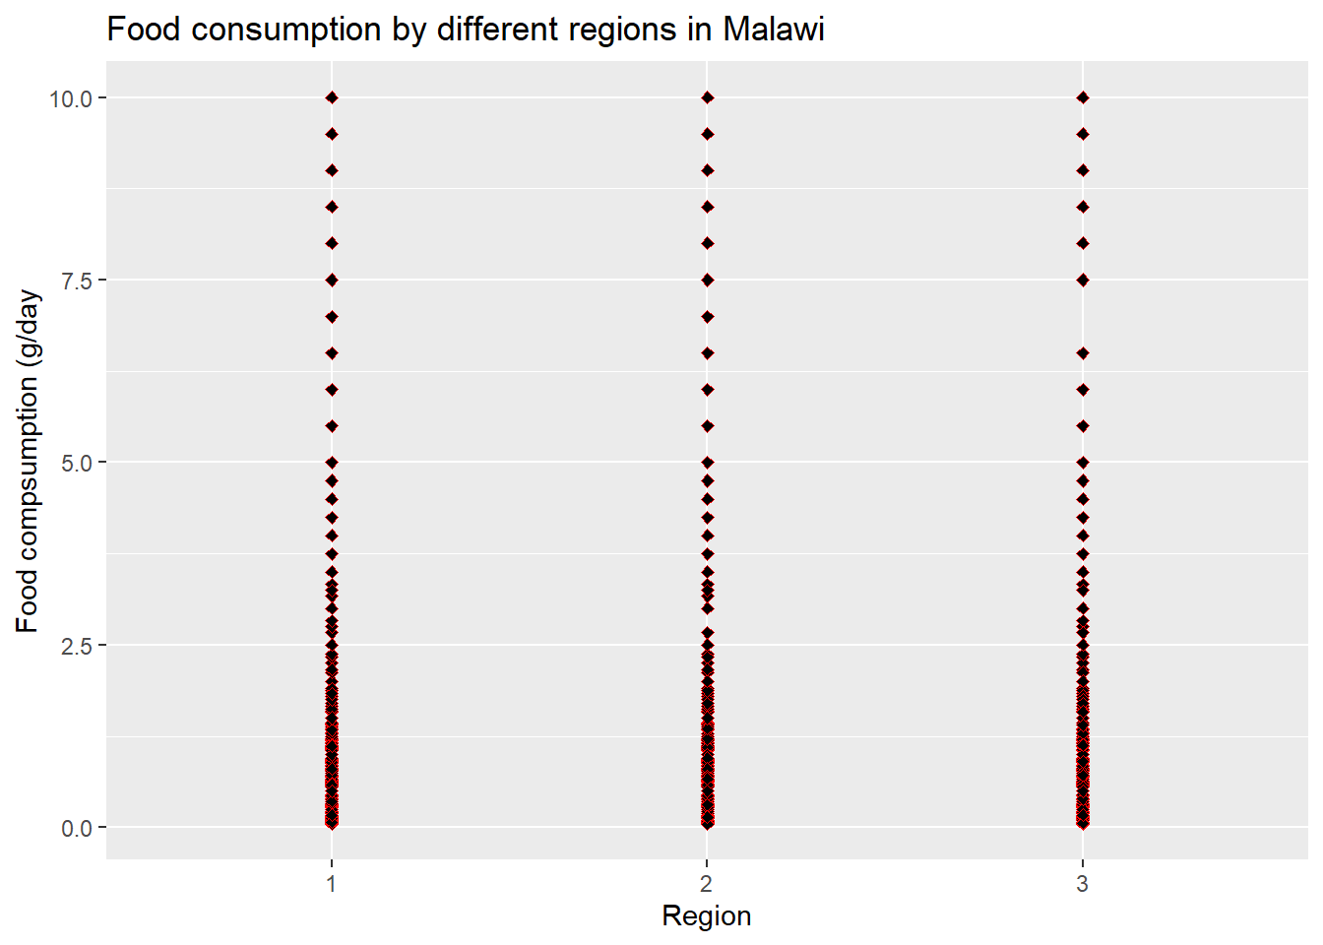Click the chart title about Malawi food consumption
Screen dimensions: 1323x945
point(466,30)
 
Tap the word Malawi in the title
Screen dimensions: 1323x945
point(774,29)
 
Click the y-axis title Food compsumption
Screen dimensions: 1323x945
point(29,462)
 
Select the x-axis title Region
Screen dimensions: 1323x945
point(707,916)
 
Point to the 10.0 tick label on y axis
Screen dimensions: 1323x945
point(71,98)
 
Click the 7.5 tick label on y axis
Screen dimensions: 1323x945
point(77,282)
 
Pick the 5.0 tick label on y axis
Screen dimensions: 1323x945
point(77,464)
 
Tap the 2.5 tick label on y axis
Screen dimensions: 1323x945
point(77,646)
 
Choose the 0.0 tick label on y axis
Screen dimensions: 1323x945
point(77,829)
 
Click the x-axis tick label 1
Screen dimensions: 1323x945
point(332,884)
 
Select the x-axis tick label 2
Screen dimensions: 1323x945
point(707,884)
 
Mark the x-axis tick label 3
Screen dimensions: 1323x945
point(1082,884)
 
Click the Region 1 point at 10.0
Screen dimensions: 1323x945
point(332,97)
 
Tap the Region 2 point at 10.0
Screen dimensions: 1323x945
point(708,97)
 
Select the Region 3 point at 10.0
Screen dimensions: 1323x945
point(1083,97)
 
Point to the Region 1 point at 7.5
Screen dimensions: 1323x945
point(332,280)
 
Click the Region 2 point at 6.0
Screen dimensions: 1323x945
point(708,390)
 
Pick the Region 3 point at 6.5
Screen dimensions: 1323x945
point(1083,353)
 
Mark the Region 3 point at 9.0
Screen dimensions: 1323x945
point(1083,170)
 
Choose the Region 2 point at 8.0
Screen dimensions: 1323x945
point(708,243)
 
